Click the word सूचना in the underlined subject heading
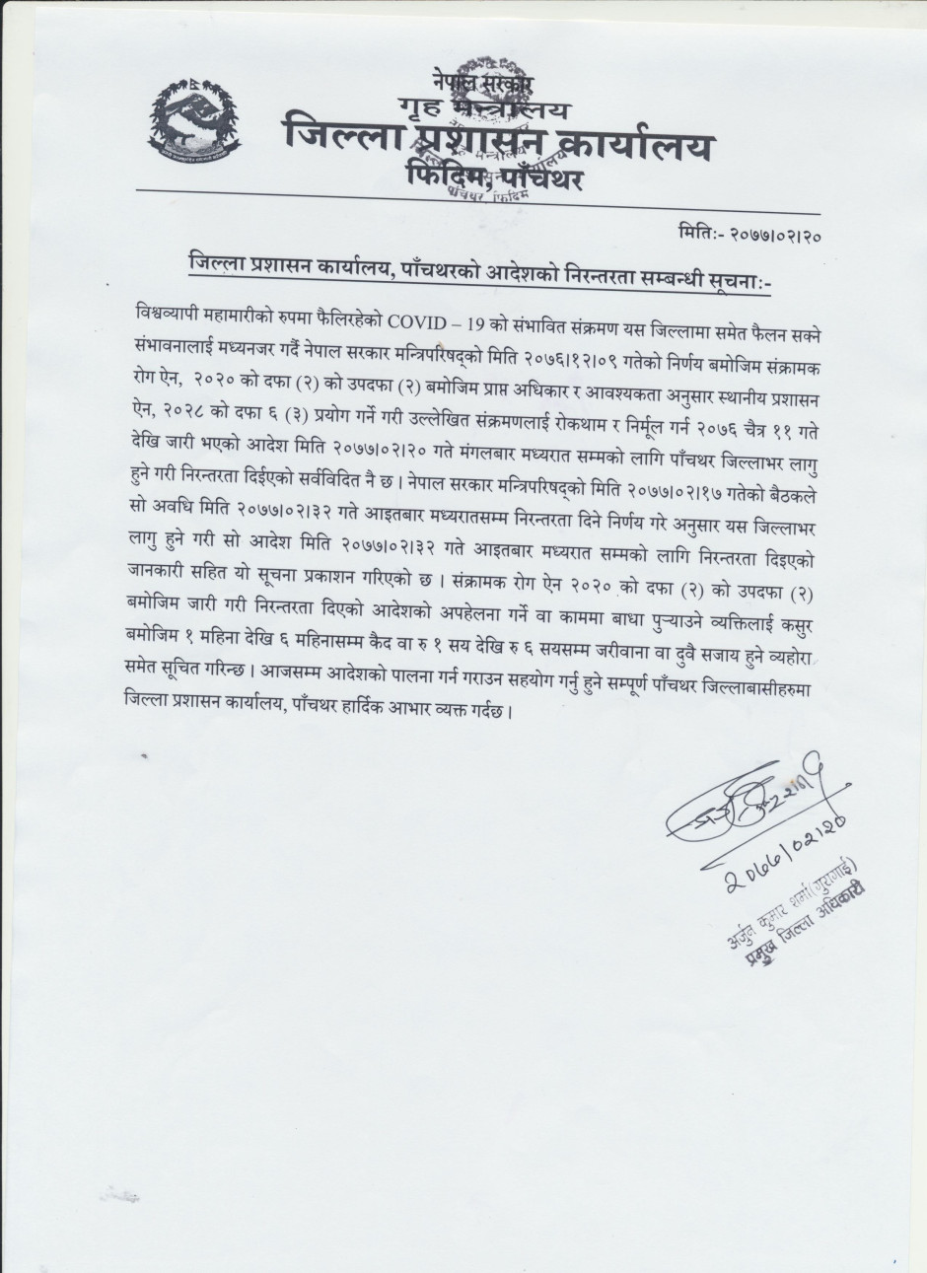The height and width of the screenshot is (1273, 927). pyautogui.click(x=742, y=283)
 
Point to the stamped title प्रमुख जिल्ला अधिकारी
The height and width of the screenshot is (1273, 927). pyautogui.click(x=800, y=927)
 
